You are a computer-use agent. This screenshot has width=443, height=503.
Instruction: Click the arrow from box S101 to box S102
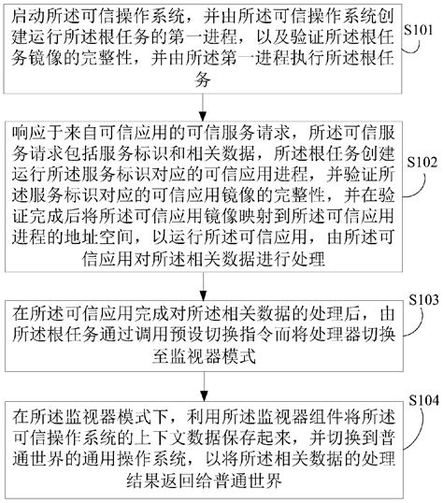pos(202,106)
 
